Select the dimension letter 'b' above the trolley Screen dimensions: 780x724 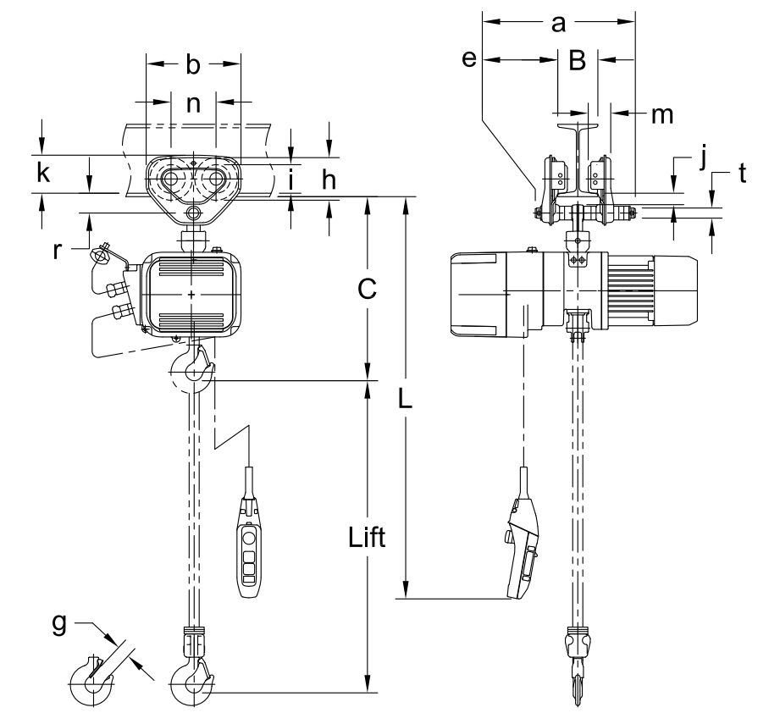193,64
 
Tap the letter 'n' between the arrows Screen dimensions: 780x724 193,104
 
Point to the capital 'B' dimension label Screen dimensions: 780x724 577,60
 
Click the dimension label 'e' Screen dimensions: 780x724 469,58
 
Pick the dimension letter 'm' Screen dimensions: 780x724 662,115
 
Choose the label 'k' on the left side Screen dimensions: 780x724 43,173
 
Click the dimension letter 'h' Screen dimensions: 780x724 329,180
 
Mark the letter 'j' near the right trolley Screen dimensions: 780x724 703,158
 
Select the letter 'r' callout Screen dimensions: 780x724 58,251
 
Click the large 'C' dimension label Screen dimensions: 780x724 367,289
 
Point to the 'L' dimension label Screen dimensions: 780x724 406,399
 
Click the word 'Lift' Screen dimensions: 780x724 367,537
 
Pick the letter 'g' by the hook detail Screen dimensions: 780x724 59,625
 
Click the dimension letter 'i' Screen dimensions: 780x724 292,180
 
